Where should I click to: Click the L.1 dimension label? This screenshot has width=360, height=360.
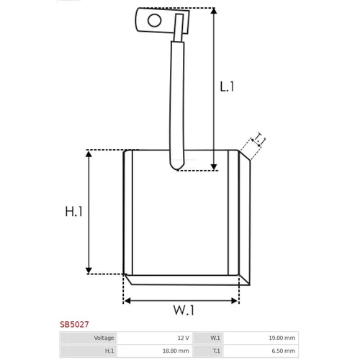[x=227, y=86]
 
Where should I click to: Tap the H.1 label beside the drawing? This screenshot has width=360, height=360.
[x=73, y=212]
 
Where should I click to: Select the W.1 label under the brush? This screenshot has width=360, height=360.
[x=184, y=310]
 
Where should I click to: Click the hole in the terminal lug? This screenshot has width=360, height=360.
[x=154, y=21]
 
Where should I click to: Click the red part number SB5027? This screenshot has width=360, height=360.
[x=74, y=324]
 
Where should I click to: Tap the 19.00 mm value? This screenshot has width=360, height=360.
[x=282, y=338]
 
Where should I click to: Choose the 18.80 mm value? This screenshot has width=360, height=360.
[x=176, y=351]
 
